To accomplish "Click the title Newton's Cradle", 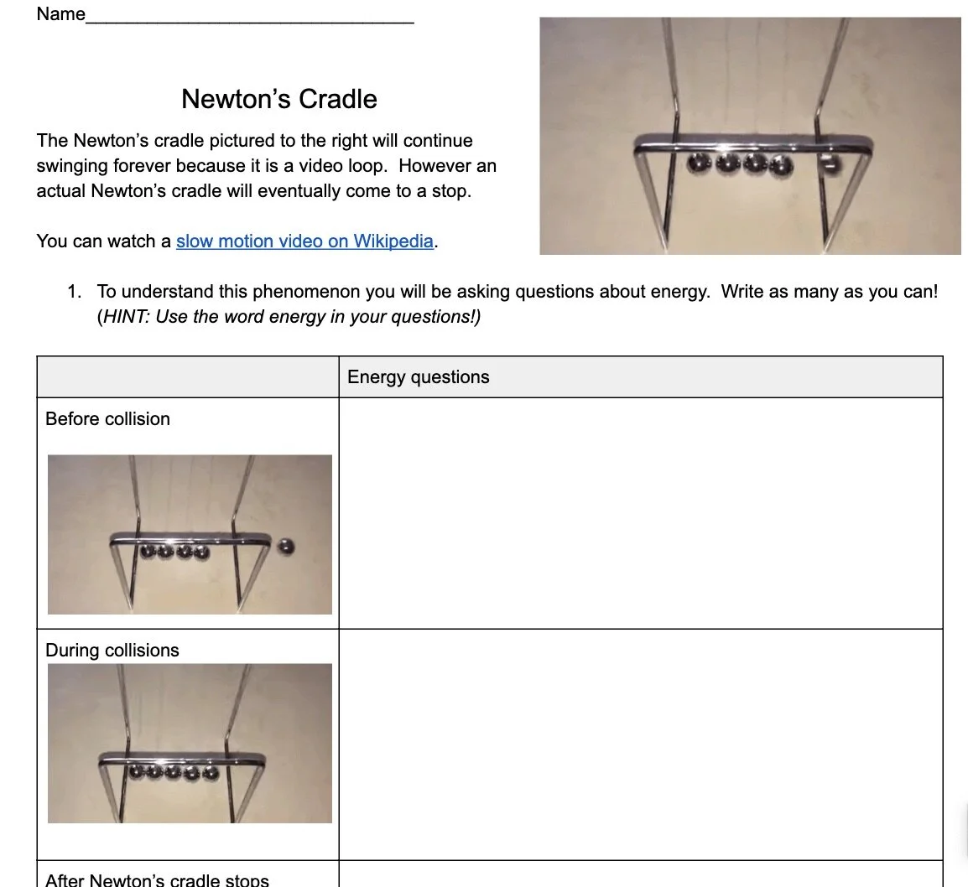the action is pos(278,99).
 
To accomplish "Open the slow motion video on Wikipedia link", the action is pos(304,241).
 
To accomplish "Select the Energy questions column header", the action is pos(418,377).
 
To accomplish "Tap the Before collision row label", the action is pos(107,419).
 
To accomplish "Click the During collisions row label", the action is pos(112,651).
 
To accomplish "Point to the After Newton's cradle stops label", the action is pos(157,879).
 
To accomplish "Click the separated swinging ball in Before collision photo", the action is pos(286,547).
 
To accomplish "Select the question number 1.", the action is pos(75,292).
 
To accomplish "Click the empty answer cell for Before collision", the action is pos(640,513).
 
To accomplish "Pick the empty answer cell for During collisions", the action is pos(640,744).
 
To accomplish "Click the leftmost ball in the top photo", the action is pos(698,162).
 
